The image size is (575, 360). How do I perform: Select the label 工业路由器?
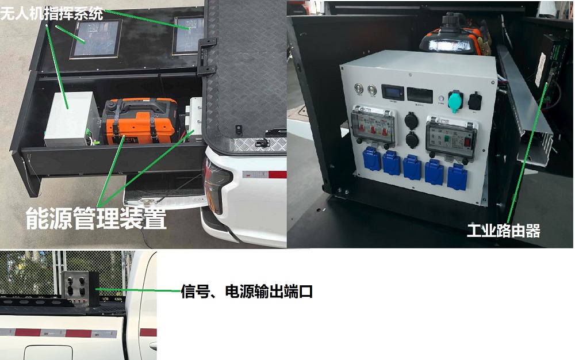[x=503, y=231]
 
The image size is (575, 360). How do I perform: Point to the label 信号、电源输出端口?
[x=247, y=292]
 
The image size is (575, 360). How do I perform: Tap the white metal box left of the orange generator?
[x=72, y=117]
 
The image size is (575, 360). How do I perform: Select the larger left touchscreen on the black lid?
[x=96, y=39]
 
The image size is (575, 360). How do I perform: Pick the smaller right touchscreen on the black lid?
[x=188, y=35]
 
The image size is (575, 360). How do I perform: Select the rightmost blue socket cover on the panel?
[x=456, y=174]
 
